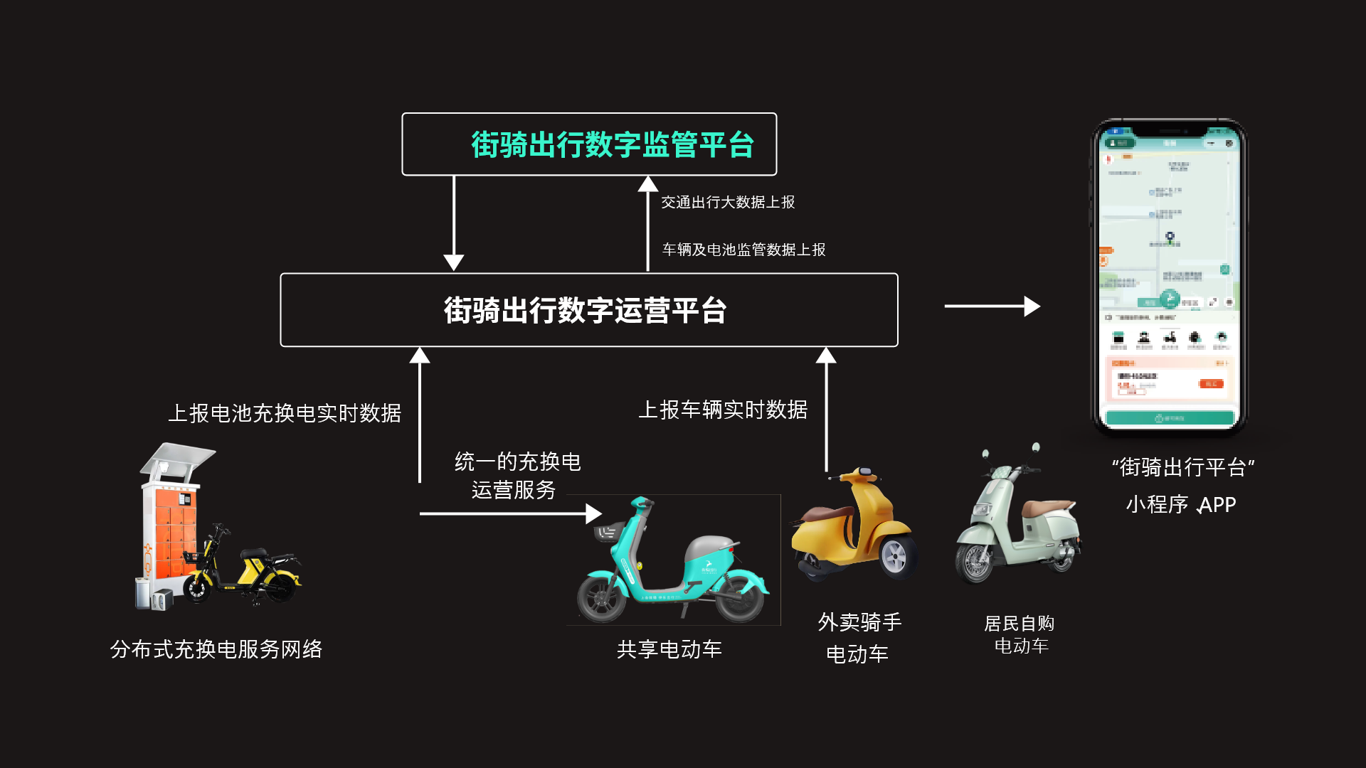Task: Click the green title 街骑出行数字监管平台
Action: click(x=612, y=144)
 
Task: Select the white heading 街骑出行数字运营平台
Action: click(x=585, y=310)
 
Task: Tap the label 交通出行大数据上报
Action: click(x=728, y=203)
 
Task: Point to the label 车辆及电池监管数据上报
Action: click(x=743, y=250)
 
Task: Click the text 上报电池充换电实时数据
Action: click(x=285, y=413)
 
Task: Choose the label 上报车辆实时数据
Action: click(x=723, y=410)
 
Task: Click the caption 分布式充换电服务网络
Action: click(x=216, y=649)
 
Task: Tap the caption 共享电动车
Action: click(x=669, y=649)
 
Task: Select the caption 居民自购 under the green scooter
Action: click(x=1019, y=624)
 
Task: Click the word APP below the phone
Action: click(x=1217, y=505)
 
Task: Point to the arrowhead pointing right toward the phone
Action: click(x=1032, y=306)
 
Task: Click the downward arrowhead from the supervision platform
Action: click(x=454, y=262)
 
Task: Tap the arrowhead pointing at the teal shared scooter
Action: click(x=594, y=513)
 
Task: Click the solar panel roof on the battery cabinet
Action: click(x=178, y=457)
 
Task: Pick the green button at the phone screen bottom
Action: click(x=1170, y=418)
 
